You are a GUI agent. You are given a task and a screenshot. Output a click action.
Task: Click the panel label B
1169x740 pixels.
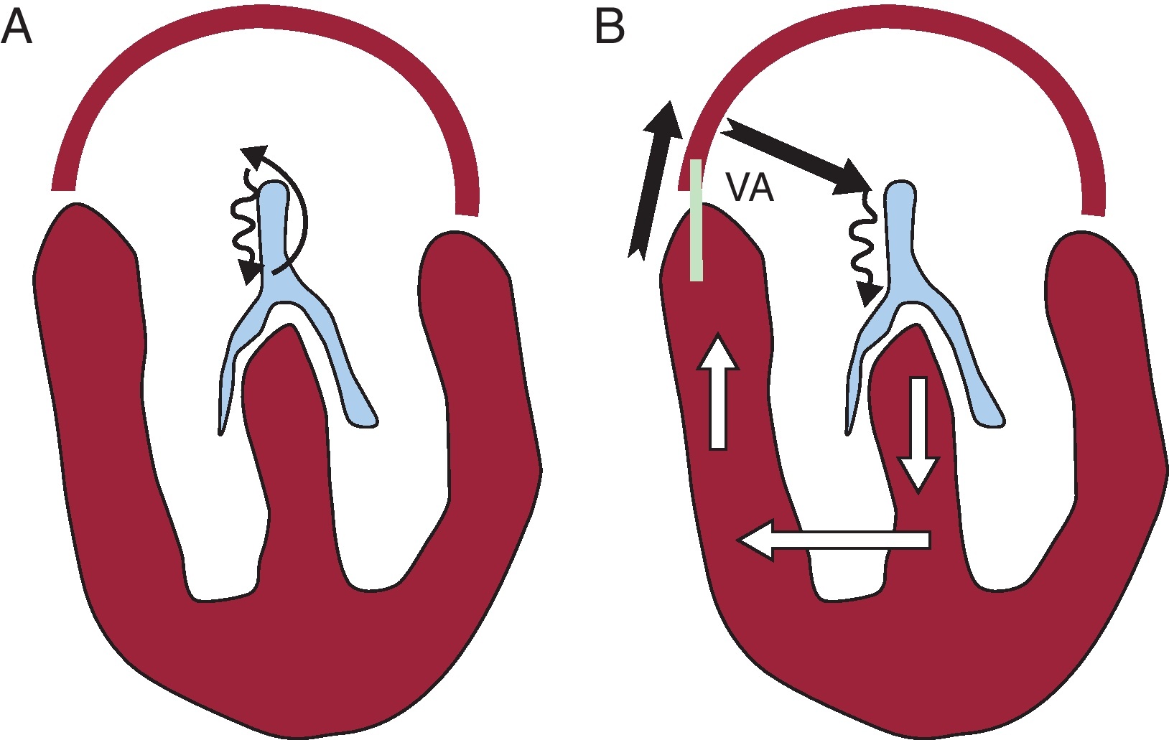[x=610, y=29]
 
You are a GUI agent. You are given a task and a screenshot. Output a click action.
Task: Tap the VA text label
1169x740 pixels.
[x=749, y=188]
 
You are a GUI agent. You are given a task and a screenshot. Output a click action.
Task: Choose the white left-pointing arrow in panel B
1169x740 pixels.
[x=833, y=540]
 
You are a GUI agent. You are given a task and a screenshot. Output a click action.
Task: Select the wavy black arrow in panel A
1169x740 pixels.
[x=243, y=230]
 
